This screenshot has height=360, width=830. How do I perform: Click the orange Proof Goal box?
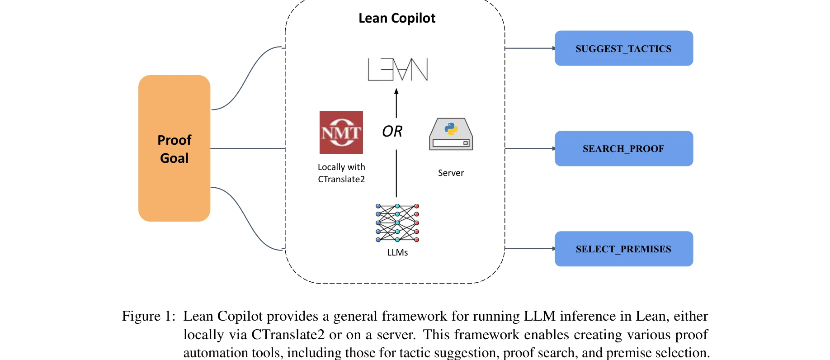pos(174,148)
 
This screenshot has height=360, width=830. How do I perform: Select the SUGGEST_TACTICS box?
pos(623,48)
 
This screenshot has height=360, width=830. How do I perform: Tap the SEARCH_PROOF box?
pos(623,148)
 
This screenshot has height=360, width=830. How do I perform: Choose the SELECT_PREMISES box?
pos(623,249)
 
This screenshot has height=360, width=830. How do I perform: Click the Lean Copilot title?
pos(396,18)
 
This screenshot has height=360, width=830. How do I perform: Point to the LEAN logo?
pos(397,70)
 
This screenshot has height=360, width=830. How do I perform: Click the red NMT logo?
pos(341,133)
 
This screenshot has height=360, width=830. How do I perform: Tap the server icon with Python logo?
pos(451,134)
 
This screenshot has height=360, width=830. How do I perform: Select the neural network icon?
pos(397,223)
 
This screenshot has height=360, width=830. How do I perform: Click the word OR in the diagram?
pos(392,132)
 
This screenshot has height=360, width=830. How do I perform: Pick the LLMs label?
pos(397,253)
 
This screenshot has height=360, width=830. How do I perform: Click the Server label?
pos(451,173)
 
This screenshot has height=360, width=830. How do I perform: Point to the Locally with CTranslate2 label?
pos(341,173)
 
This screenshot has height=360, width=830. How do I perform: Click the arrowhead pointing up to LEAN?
pos(396,91)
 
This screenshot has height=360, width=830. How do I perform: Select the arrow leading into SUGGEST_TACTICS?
pos(529,48)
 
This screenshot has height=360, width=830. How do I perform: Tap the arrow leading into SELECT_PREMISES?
pos(529,248)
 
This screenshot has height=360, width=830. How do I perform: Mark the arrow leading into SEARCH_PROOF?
pos(529,148)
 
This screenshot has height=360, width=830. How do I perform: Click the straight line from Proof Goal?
pos(247,148)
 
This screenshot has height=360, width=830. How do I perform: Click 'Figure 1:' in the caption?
pos(148,316)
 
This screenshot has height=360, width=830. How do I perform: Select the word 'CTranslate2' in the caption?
pos(288,335)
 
